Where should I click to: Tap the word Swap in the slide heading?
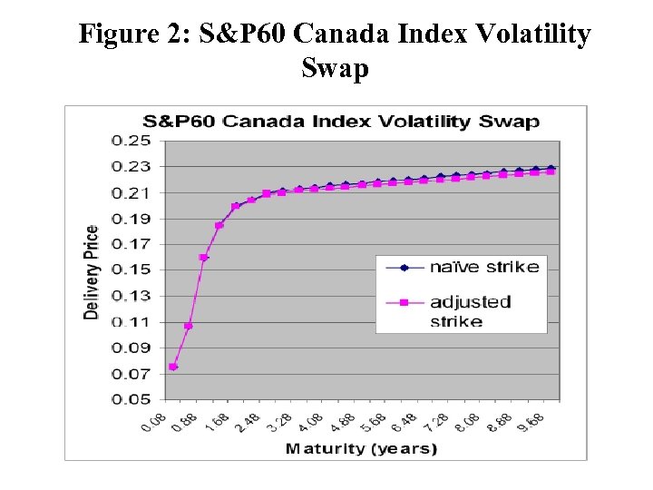point(335,69)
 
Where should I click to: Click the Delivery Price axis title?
point(92,270)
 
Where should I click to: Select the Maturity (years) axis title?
point(361,448)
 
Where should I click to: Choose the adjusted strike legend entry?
point(470,310)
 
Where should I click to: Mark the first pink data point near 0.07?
point(173,367)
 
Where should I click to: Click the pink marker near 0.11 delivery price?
point(189,326)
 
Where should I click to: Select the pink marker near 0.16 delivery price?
point(204,258)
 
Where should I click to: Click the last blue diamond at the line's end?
point(551,169)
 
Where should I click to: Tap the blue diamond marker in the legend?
point(404,267)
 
